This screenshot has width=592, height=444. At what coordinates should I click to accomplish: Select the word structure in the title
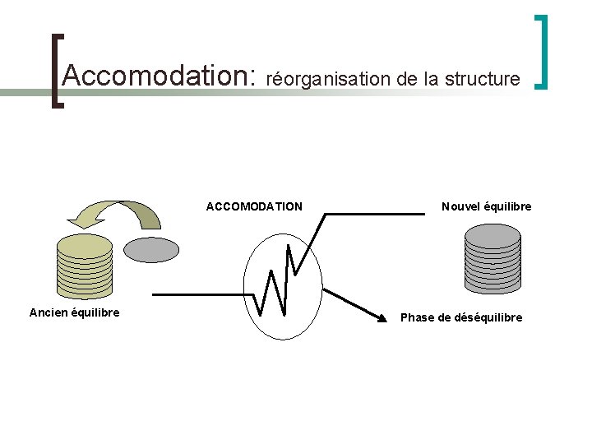[x=482, y=79]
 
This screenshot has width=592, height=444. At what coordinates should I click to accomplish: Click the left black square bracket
[x=55, y=70]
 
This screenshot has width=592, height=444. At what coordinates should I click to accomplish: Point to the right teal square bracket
[x=541, y=51]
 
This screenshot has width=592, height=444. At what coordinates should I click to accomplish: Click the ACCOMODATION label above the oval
[x=254, y=206]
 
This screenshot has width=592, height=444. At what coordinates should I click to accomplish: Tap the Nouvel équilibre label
[x=486, y=206]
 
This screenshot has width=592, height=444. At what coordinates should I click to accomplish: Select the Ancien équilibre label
[x=74, y=312]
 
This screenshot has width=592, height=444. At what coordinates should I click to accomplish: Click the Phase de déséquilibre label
[x=460, y=317]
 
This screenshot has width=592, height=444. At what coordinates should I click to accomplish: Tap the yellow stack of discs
[x=84, y=266]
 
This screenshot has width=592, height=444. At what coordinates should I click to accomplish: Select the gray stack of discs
[x=493, y=257]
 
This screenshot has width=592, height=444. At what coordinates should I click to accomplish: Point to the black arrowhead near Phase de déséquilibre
[x=380, y=318]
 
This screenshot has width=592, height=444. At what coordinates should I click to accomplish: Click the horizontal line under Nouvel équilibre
[x=374, y=214]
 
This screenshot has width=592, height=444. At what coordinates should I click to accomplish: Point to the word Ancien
[x=49, y=312]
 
